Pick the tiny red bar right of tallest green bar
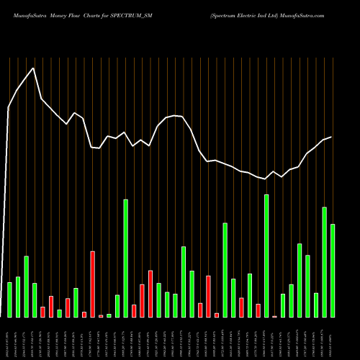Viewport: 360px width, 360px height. pyautogui.click(x=274, y=316)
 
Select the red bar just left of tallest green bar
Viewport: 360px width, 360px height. pyautogui.click(x=258, y=310)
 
